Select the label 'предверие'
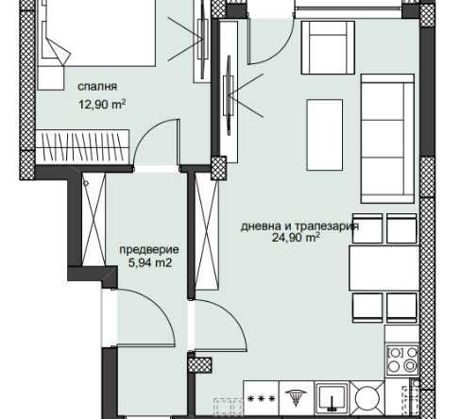(x=149, y=250)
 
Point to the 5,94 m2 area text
(x=149, y=264)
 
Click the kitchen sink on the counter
(x=333, y=398)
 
